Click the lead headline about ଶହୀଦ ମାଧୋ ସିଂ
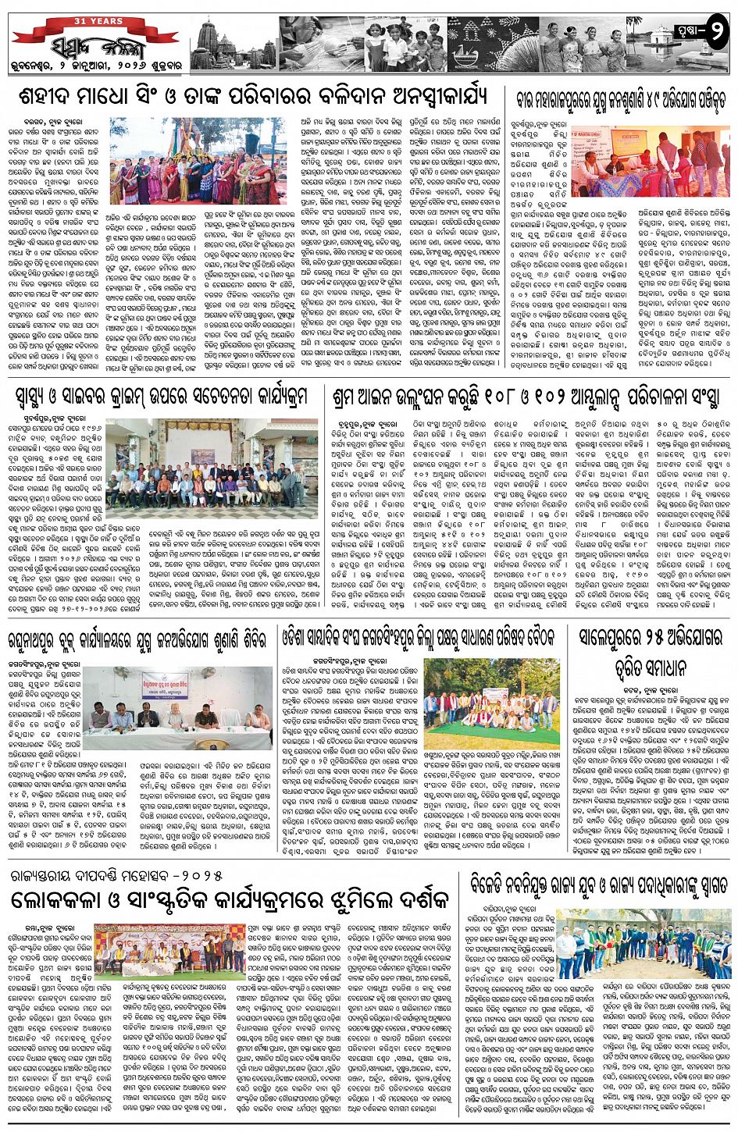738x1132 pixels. pyautogui.click(x=253, y=97)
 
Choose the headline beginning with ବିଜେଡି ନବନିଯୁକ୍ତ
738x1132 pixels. pyautogui.click(x=599, y=885)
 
